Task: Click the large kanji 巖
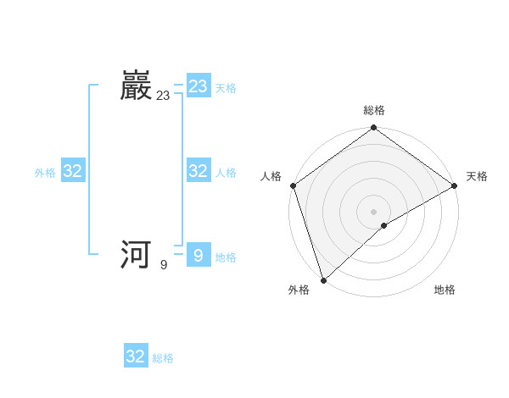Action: [137, 86]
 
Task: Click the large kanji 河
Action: [137, 254]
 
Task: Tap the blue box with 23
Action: [199, 86]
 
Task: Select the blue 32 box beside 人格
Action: [199, 171]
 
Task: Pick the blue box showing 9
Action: [199, 255]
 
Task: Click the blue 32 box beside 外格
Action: [73, 171]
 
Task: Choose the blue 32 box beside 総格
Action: [136, 357]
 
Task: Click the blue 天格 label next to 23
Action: [226, 88]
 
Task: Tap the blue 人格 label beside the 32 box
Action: [226, 173]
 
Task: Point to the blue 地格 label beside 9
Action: [226, 257]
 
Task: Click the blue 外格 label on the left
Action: [45, 173]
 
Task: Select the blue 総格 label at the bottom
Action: [163, 359]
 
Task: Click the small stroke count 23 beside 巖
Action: [163, 97]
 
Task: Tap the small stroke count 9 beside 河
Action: [164, 265]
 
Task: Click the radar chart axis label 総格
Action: [374, 110]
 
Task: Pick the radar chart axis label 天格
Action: [477, 176]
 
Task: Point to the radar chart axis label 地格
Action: [445, 290]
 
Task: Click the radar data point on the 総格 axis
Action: [374, 129]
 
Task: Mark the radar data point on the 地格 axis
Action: [384, 225]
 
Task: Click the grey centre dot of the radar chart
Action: [374, 211]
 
